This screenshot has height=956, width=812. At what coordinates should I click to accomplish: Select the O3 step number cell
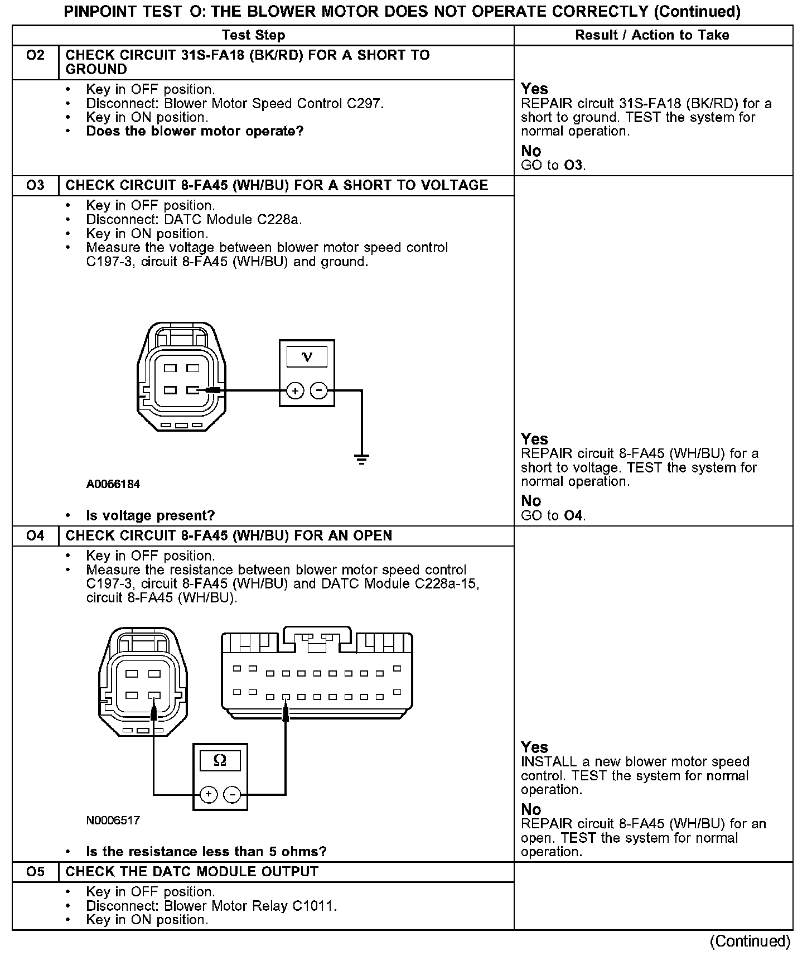[x=35, y=185]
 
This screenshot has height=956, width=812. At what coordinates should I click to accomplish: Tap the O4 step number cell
[x=35, y=535]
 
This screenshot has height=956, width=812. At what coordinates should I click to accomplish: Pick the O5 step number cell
[x=35, y=872]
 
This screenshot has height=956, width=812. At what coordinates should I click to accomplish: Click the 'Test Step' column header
[x=253, y=35]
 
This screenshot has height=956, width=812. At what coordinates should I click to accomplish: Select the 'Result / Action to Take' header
[x=652, y=35]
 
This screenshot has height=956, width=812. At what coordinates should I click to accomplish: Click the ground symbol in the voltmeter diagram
[x=361, y=460]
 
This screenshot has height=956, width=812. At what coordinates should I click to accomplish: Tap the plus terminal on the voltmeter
[x=295, y=391]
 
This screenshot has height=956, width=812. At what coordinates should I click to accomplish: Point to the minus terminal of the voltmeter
[x=318, y=391]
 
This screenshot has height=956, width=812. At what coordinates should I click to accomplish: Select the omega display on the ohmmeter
[x=220, y=761]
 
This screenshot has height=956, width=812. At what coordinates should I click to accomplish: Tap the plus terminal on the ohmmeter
[x=208, y=794]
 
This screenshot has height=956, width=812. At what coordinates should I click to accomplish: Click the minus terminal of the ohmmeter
[x=233, y=794]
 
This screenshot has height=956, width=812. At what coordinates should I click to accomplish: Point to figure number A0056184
[x=113, y=484]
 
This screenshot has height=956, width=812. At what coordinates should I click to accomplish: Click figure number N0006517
[x=113, y=820]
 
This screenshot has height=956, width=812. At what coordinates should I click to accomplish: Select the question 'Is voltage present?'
[x=150, y=515]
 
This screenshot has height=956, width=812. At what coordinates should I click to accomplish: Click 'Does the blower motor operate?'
[x=195, y=132]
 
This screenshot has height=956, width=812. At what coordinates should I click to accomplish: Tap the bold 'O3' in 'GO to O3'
[x=574, y=166]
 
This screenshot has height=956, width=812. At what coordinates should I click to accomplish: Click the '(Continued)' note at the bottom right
[x=750, y=941]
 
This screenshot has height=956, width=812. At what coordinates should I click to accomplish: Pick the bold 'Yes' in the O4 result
[x=534, y=747]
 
